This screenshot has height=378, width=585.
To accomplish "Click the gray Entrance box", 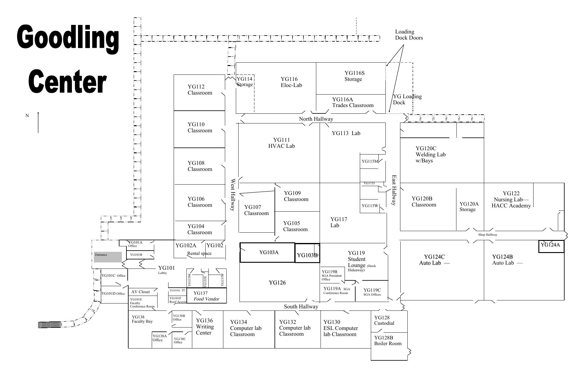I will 107,257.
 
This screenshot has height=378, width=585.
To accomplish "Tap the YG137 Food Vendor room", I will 207,296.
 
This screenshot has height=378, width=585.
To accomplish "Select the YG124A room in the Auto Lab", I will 551,246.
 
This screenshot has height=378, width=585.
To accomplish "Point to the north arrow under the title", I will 38,122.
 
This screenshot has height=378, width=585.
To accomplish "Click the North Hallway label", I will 316,119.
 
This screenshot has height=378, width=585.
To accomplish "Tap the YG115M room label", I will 370,161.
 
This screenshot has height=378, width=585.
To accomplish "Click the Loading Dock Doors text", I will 409,35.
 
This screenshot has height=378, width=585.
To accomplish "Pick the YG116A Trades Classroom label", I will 353,102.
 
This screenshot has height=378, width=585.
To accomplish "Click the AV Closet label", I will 140,292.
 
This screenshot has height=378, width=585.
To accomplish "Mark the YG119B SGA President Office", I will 331,275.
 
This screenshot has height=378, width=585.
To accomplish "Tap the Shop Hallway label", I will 487,235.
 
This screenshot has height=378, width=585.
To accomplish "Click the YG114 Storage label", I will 245,81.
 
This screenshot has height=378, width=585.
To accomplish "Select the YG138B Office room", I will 179,318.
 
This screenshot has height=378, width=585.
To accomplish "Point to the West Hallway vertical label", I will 233,195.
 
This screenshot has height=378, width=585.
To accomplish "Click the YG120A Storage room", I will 469,207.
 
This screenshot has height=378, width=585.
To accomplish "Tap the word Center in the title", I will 67,81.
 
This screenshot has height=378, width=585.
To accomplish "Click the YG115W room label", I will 370,206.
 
